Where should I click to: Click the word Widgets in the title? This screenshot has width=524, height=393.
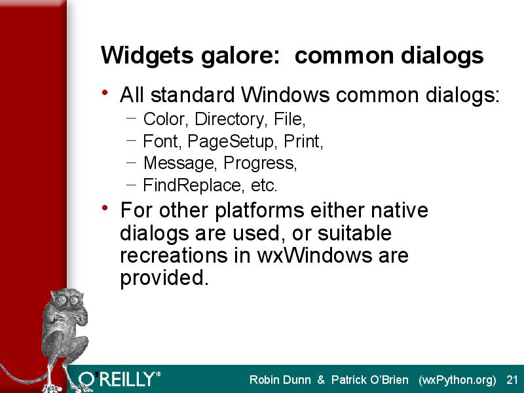point(147,56)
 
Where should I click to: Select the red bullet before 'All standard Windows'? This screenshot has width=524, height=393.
point(105,92)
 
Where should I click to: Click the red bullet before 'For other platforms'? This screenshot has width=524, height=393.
point(105,208)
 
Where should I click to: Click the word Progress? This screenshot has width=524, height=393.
point(260,163)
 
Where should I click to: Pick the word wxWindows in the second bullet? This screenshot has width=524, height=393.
point(314,255)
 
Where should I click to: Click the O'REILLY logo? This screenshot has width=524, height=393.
point(119,379)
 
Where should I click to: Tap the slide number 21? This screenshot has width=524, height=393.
point(512,380)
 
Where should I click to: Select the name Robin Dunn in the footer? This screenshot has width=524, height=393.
point(280,380)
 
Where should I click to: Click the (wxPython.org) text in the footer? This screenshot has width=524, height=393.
point(457,381)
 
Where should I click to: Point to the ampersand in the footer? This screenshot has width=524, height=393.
point(321,380)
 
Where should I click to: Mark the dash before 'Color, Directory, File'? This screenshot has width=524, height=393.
point(132,118)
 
